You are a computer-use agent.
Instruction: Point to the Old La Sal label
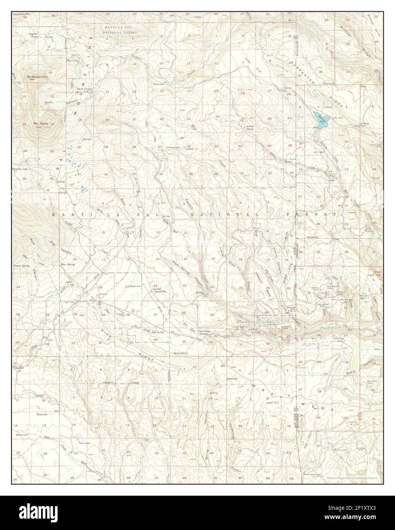158,332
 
